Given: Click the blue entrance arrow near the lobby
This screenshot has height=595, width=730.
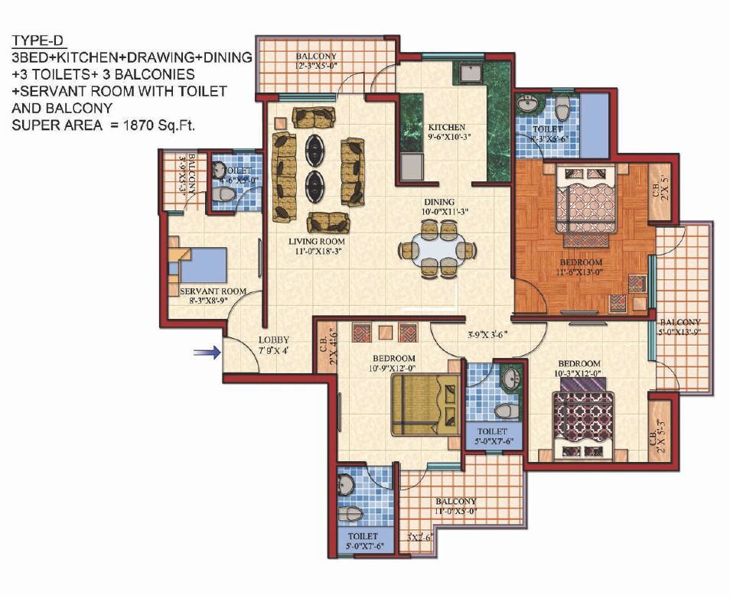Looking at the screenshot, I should tap(206, 352).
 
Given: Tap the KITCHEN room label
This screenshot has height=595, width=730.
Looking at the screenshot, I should tap(446, 127).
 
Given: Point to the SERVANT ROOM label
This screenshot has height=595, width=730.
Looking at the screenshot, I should tap(213, 291).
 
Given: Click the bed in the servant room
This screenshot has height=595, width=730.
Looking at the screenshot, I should tap(200, 265).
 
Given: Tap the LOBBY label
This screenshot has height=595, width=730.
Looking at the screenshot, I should tap(272, 340).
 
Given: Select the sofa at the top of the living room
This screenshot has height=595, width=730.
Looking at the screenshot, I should tap(314, 118).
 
